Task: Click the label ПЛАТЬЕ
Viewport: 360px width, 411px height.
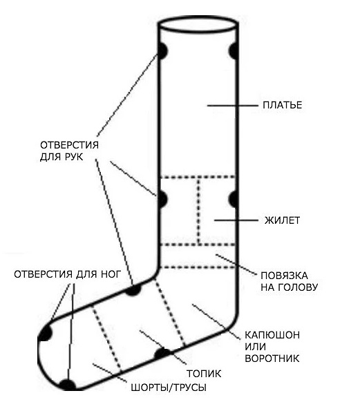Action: (x=282, y=105)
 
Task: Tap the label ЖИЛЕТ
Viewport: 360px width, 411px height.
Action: (x=282, y=220)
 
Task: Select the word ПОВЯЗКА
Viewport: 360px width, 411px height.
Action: (x=284, y=276)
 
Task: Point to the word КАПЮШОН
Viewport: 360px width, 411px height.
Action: (x=272, y=335)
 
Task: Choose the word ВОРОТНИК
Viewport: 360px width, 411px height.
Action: (x=272, y=359)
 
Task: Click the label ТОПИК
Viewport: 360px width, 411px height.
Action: (x=204, y=374)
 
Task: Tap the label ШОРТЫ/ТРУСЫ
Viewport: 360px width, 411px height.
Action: (x=169, y=388)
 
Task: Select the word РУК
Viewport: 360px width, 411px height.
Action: (x=73, y=157)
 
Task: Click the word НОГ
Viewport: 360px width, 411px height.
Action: (x=111, y=274)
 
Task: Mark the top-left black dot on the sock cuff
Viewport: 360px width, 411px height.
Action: (x=162, y=51)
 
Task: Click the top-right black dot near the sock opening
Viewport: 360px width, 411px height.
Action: (x=234, y=51)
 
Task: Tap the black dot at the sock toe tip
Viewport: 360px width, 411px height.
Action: (x=45, y=333)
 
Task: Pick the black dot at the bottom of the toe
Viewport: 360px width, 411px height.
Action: (x=68, y=385)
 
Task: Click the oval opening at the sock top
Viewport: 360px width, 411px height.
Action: (x=198, y=17)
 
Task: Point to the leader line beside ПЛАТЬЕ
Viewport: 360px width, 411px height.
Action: (x=233, y=106)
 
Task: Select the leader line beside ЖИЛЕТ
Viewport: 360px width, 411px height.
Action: (x=236, y=220)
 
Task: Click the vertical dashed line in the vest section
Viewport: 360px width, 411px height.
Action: (x=199, y=211)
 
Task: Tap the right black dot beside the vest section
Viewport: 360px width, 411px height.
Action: (x=233, y=199)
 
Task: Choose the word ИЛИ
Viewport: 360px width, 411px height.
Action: (x=256, y=347)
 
